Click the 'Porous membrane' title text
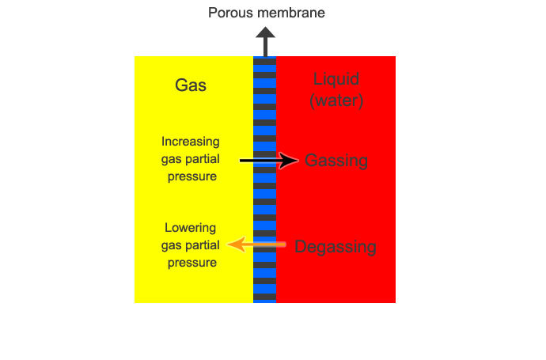click(267, 13)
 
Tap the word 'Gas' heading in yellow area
click(191, 85)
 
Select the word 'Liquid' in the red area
click(336, 79)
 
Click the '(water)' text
click(336, 100)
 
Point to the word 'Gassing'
click(336, 161)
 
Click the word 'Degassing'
click(336, 247)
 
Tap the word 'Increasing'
click(191, 142)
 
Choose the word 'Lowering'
click(190, 228)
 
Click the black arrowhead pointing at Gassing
click(288, 161)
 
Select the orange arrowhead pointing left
click(237, 244)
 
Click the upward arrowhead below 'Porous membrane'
click(265, 32)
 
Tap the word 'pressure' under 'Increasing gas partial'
click(192, 176)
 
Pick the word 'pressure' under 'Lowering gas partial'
click(192, 263)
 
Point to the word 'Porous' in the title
click(229, 13)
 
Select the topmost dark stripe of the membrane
click(264, 62)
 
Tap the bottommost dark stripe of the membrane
click(264, 297)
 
